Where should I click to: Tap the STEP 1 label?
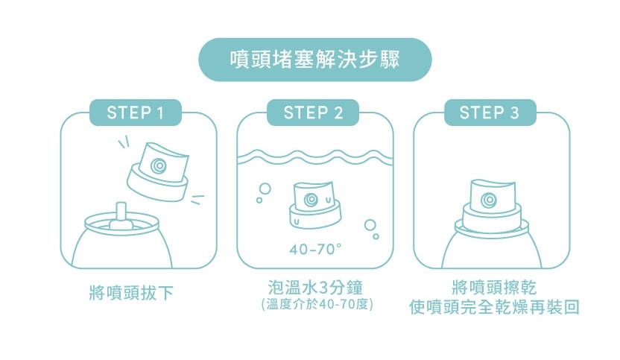135,113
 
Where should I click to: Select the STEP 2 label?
313,113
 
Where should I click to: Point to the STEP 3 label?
489,113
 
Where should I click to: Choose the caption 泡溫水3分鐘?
313,288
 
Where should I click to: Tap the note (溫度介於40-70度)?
313,305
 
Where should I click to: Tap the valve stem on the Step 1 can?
120,212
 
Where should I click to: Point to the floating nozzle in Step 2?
315,204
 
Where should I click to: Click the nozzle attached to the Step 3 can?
490,205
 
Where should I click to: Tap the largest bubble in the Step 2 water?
369,225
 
